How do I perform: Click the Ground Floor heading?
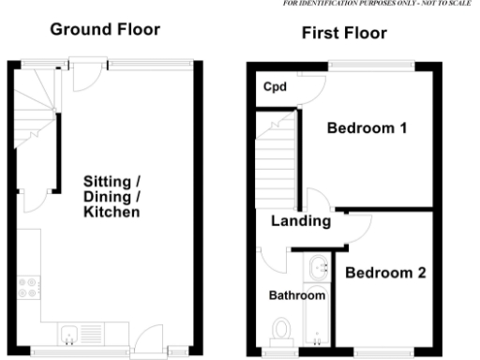(105, 30)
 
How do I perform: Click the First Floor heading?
(343, 35)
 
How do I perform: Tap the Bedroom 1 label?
(366, 128)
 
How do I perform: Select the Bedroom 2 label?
(385, 273)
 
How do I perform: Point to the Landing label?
(300, 222)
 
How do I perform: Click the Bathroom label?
(297, 295)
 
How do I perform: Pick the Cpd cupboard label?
(274, 88)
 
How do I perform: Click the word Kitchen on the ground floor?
(112, 213)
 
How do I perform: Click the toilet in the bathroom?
(280, 331)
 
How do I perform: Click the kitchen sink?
(69, 329)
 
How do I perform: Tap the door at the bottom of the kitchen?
(147, 341)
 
